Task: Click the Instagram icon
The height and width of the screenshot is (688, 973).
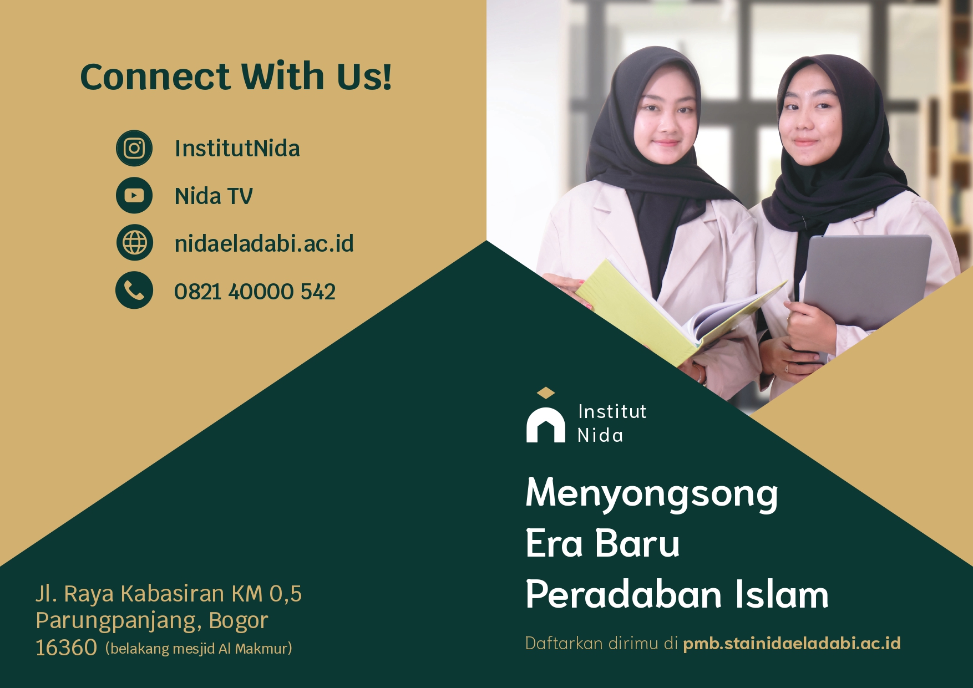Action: pyautogui.click(x=134, y=148)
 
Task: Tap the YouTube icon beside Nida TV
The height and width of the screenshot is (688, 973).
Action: pyautogui.click(x=134, y=196)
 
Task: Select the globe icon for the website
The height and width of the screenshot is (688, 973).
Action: pyautogui.click(x=134, y=243)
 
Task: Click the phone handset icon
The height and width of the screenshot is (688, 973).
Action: pyautogui.click(x=134, y=290)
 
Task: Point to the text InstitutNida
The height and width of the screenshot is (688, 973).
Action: pyautogui.click(x=237, y=149)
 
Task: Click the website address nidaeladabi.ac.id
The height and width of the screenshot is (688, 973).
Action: pyautogui.click(x=264, y=243)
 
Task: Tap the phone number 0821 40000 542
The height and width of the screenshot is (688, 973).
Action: pyautogui.click(x=255, y=292)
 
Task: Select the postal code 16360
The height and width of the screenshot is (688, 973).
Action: pyautogui.click(x=66, y=648)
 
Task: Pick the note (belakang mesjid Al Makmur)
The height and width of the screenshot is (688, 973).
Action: pyautogui.click(x=199, y=649)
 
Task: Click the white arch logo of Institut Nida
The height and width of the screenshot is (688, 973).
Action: pyautogui.click(x=546, y=425)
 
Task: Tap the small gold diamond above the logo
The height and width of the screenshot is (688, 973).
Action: pyautogui.click(x=546, y=393)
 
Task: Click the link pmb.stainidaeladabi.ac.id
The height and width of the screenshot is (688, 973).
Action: pyautogui.click(x=792, y=643)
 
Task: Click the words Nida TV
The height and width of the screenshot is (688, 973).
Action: pyautogui.click(x=214, y=196)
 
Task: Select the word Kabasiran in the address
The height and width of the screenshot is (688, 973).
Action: pyautogui.click(x=172, y=594)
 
